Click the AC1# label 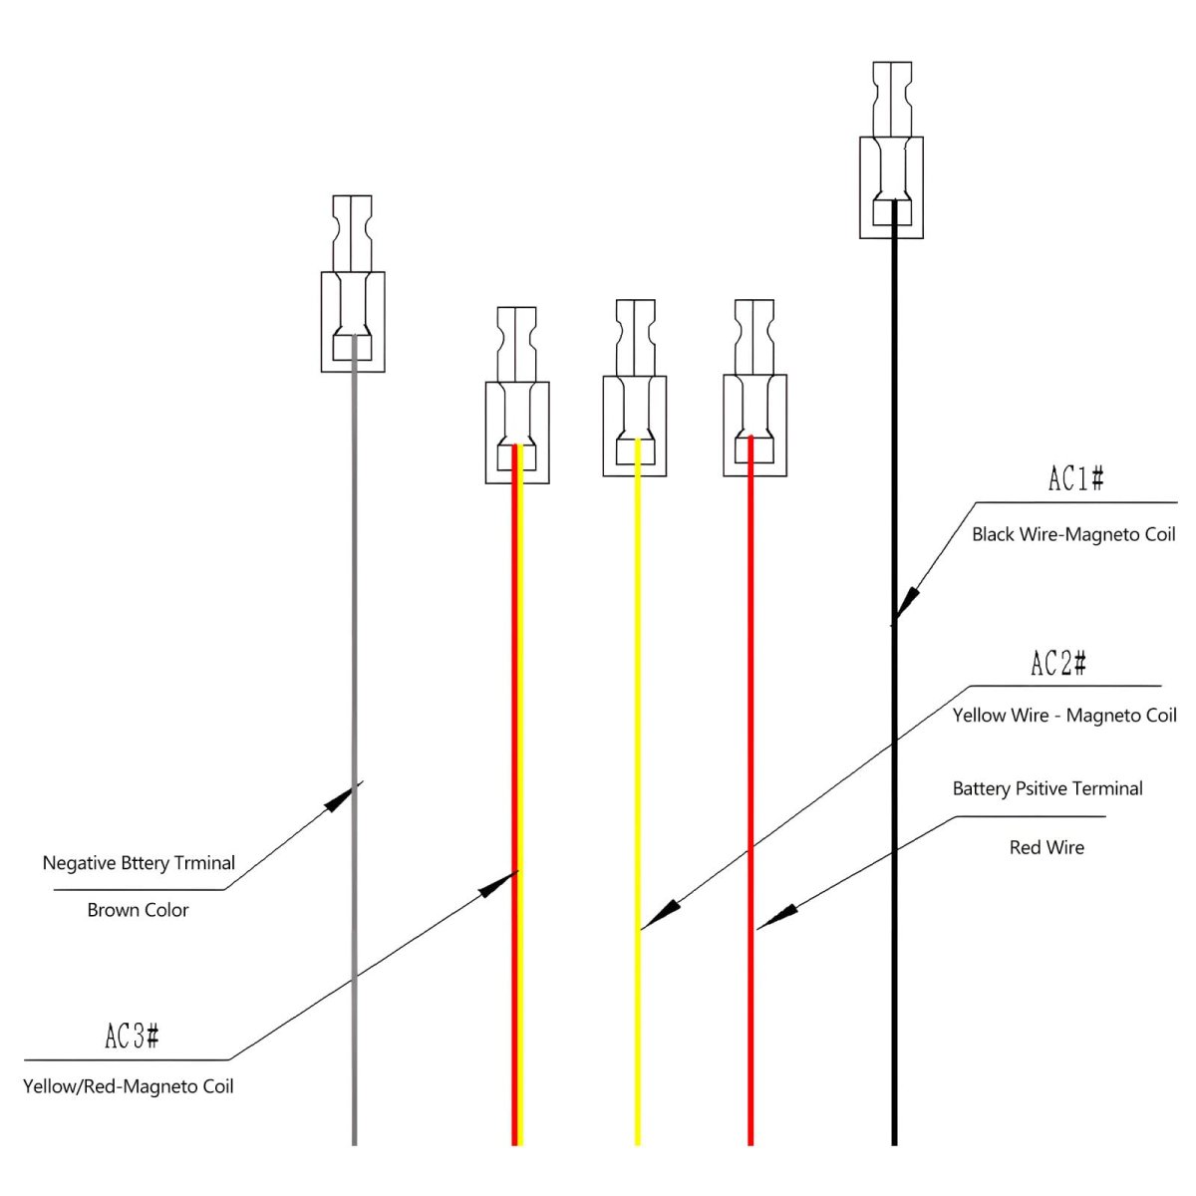click(x=1075, y=480)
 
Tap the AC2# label click(x=1057, y=664)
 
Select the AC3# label click(x=133, y=1037)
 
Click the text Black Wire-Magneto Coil click(x=1073, y=534)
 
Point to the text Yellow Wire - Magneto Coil click(x=1063, y=716)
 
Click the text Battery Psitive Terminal click(x=1046, y=788)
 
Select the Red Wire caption click(x=1046, y=847)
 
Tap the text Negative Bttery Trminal click(x=139, y=862)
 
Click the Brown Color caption click(x=138, y=909)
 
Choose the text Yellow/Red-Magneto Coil click(x=129, y=1085)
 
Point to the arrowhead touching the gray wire click(x=342, y=794)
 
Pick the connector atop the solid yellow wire click(x=635, y=389)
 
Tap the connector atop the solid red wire click(x=754, y=388)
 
